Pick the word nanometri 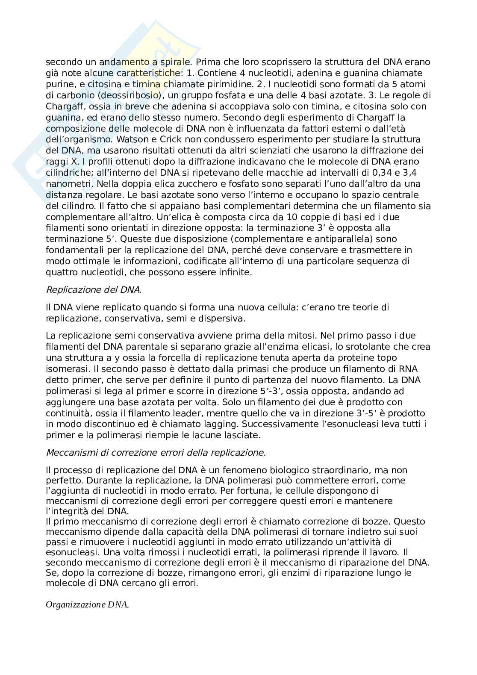(x=69, y=184)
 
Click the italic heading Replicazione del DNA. (x=94, y=289)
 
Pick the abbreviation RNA (x=409, y=368)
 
